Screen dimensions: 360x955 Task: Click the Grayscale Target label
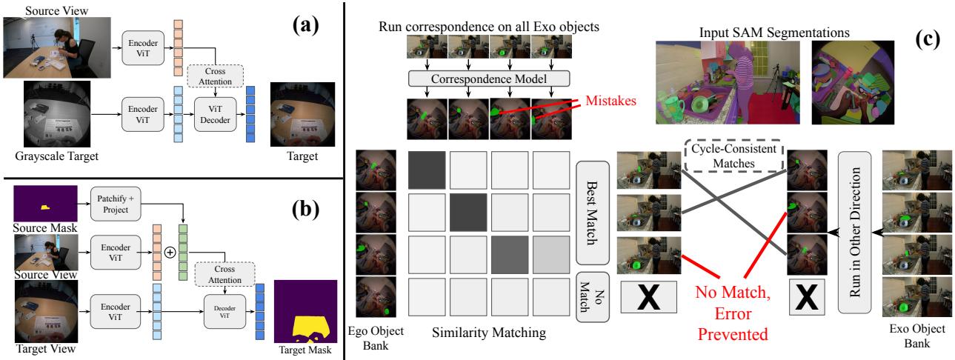[x=56, y=157]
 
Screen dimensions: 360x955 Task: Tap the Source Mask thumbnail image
[x=44, y=201]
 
